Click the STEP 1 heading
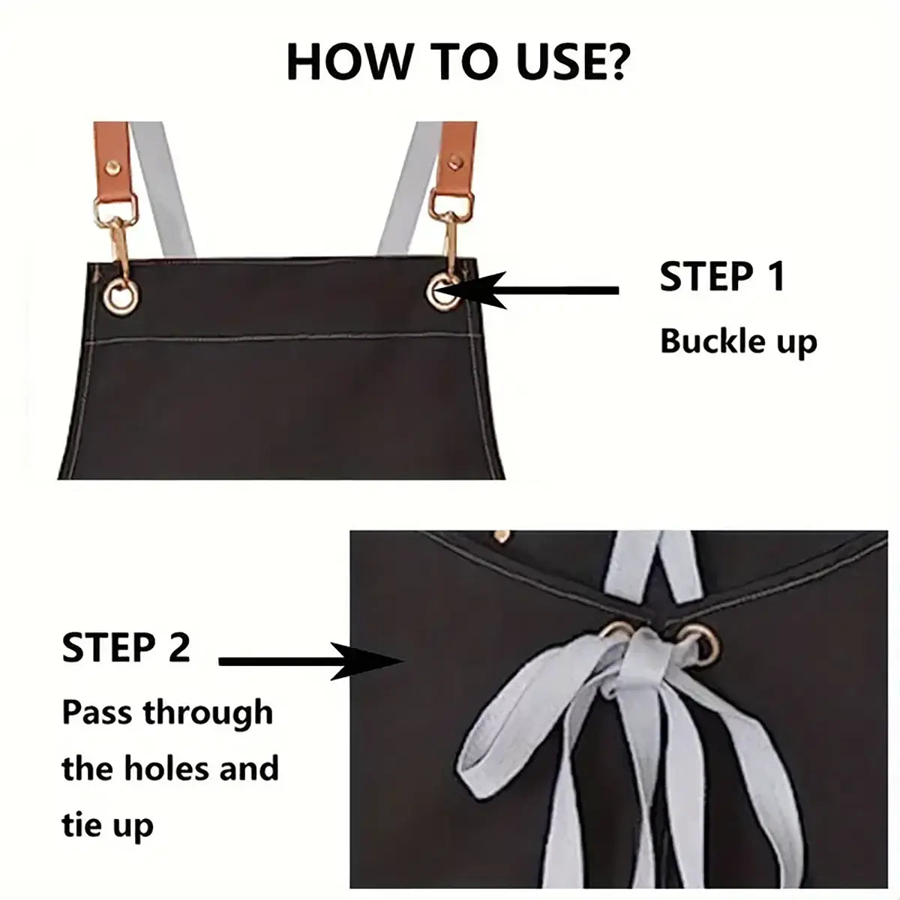721,277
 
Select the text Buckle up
738,341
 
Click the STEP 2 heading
126,647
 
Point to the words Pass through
167,712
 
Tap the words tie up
107,825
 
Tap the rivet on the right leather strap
456,158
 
